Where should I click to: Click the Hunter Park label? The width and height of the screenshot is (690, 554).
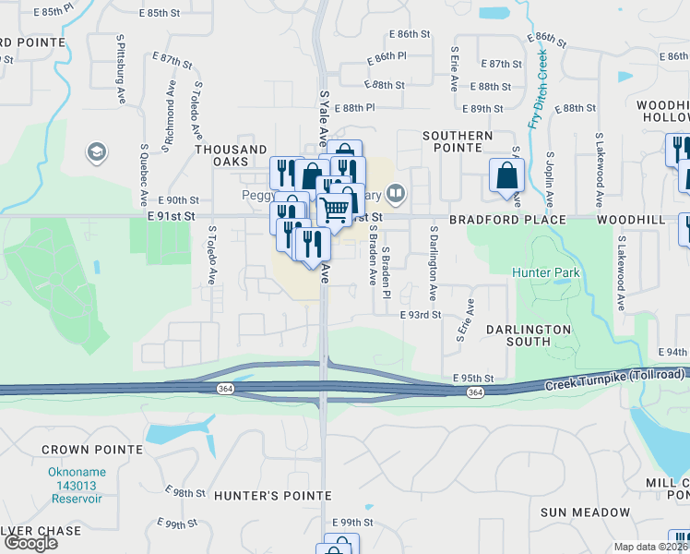[x=546, y=272]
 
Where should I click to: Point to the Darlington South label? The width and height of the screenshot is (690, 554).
[x=529, y=335]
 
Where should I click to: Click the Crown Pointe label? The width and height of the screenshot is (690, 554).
[x=79, y=450]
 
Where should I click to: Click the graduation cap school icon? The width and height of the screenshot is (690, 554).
[x=95, y=151]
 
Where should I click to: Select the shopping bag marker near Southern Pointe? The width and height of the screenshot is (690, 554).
[x=506, y=175]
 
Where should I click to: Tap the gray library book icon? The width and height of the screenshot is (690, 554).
[x=395, y=193]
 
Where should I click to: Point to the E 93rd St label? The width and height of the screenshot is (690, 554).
[x=422, y=315]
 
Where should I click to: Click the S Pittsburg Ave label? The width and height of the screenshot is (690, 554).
[x=121, y=71]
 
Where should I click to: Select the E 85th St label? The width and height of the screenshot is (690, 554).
[x=161, y=13]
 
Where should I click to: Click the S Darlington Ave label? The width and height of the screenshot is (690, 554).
[x=432, y=264]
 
